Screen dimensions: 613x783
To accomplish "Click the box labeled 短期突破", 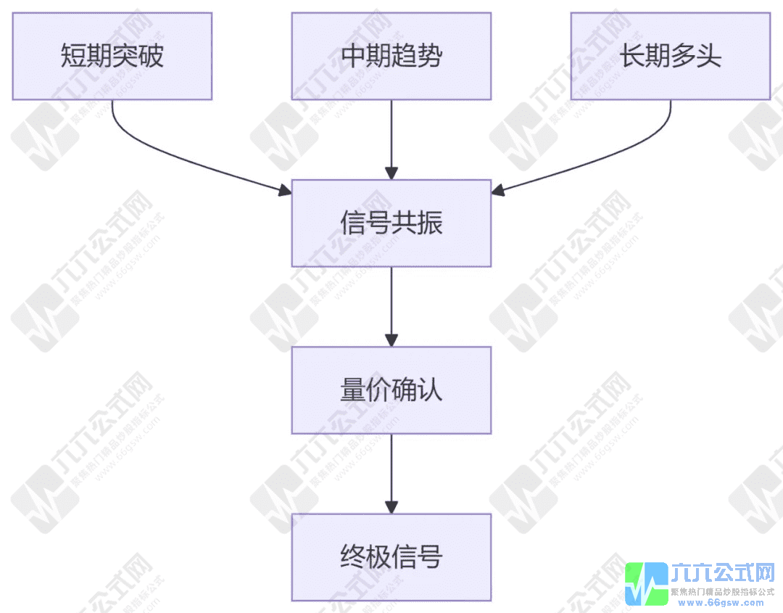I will [112, 56].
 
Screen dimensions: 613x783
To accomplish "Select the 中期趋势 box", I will [391, 56].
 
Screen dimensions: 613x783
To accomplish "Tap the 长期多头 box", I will [671, 56].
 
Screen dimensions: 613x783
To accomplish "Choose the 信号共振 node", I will [391, 223].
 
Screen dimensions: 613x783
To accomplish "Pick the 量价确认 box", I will [391, 390].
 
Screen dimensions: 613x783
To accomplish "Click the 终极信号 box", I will [391, 557].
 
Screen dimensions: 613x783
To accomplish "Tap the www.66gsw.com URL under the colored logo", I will [718, 602].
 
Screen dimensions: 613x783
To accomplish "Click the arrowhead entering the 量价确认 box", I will [391, 340].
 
